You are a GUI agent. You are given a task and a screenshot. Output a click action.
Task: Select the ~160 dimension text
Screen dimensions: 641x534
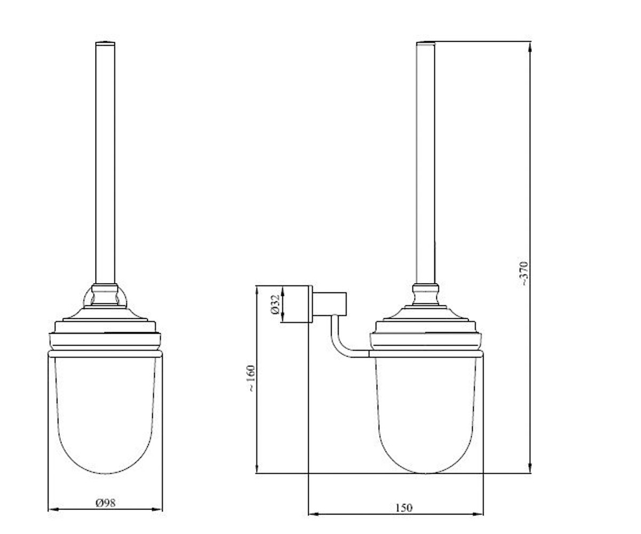(251, 378)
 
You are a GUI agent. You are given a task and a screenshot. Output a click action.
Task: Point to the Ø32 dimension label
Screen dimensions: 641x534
(275, 304)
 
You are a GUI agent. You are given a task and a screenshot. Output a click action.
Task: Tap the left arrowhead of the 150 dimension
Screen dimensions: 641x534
(314, 514)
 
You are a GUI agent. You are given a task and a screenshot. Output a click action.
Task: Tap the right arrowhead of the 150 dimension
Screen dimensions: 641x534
(478, 514)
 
